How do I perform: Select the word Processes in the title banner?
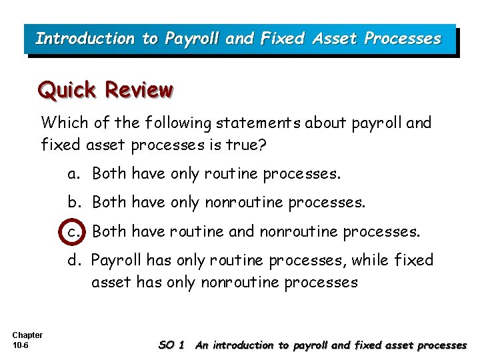click(403, 39)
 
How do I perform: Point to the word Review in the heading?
click(139, 89)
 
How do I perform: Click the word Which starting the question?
click(62, 123)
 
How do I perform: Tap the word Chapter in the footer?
click(27, 335)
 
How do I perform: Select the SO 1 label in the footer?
click(172, 345)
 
